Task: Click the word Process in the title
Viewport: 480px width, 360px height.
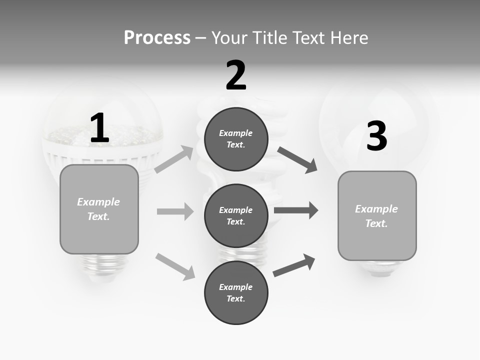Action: (157, 38)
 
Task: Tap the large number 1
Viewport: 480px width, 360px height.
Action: (99, 128)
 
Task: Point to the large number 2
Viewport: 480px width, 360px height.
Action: (236, 75)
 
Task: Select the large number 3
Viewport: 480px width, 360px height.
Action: (376, 136)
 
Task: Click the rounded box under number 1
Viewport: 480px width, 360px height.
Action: (99, 209)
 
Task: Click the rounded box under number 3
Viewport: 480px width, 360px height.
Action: (377, 216)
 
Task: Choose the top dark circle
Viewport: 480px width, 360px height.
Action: (236, 139)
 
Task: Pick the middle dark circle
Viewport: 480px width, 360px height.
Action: (236, 216)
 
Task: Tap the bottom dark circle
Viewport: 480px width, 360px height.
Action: (236, 292)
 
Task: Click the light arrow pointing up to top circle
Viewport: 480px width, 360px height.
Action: (174, 159)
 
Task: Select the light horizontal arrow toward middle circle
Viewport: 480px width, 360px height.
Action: (175, 211)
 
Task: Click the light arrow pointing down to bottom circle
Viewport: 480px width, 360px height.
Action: (175, 266)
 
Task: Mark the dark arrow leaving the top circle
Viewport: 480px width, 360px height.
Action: (297, 160)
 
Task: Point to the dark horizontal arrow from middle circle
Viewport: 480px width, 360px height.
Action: (296, 210)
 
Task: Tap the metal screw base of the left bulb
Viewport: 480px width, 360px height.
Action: (98, 264)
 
